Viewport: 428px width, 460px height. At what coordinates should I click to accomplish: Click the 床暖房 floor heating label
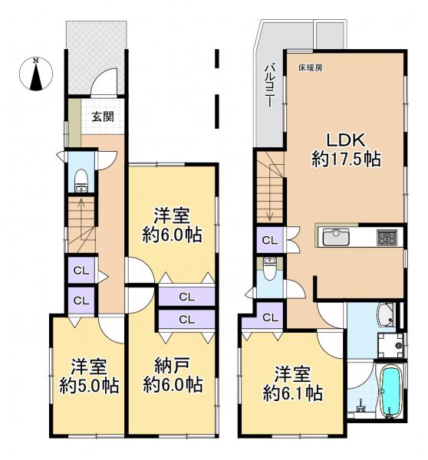click(x=311, y=68)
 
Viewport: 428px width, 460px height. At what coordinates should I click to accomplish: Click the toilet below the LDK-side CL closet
click(x=269, y=272)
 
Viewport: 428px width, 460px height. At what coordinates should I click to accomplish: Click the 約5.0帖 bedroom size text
click(x=87, y=385)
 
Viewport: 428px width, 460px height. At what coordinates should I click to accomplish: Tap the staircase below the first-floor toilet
click(x=81, y=222)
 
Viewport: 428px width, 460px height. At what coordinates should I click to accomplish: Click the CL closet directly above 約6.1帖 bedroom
click(x=269, y=317)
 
